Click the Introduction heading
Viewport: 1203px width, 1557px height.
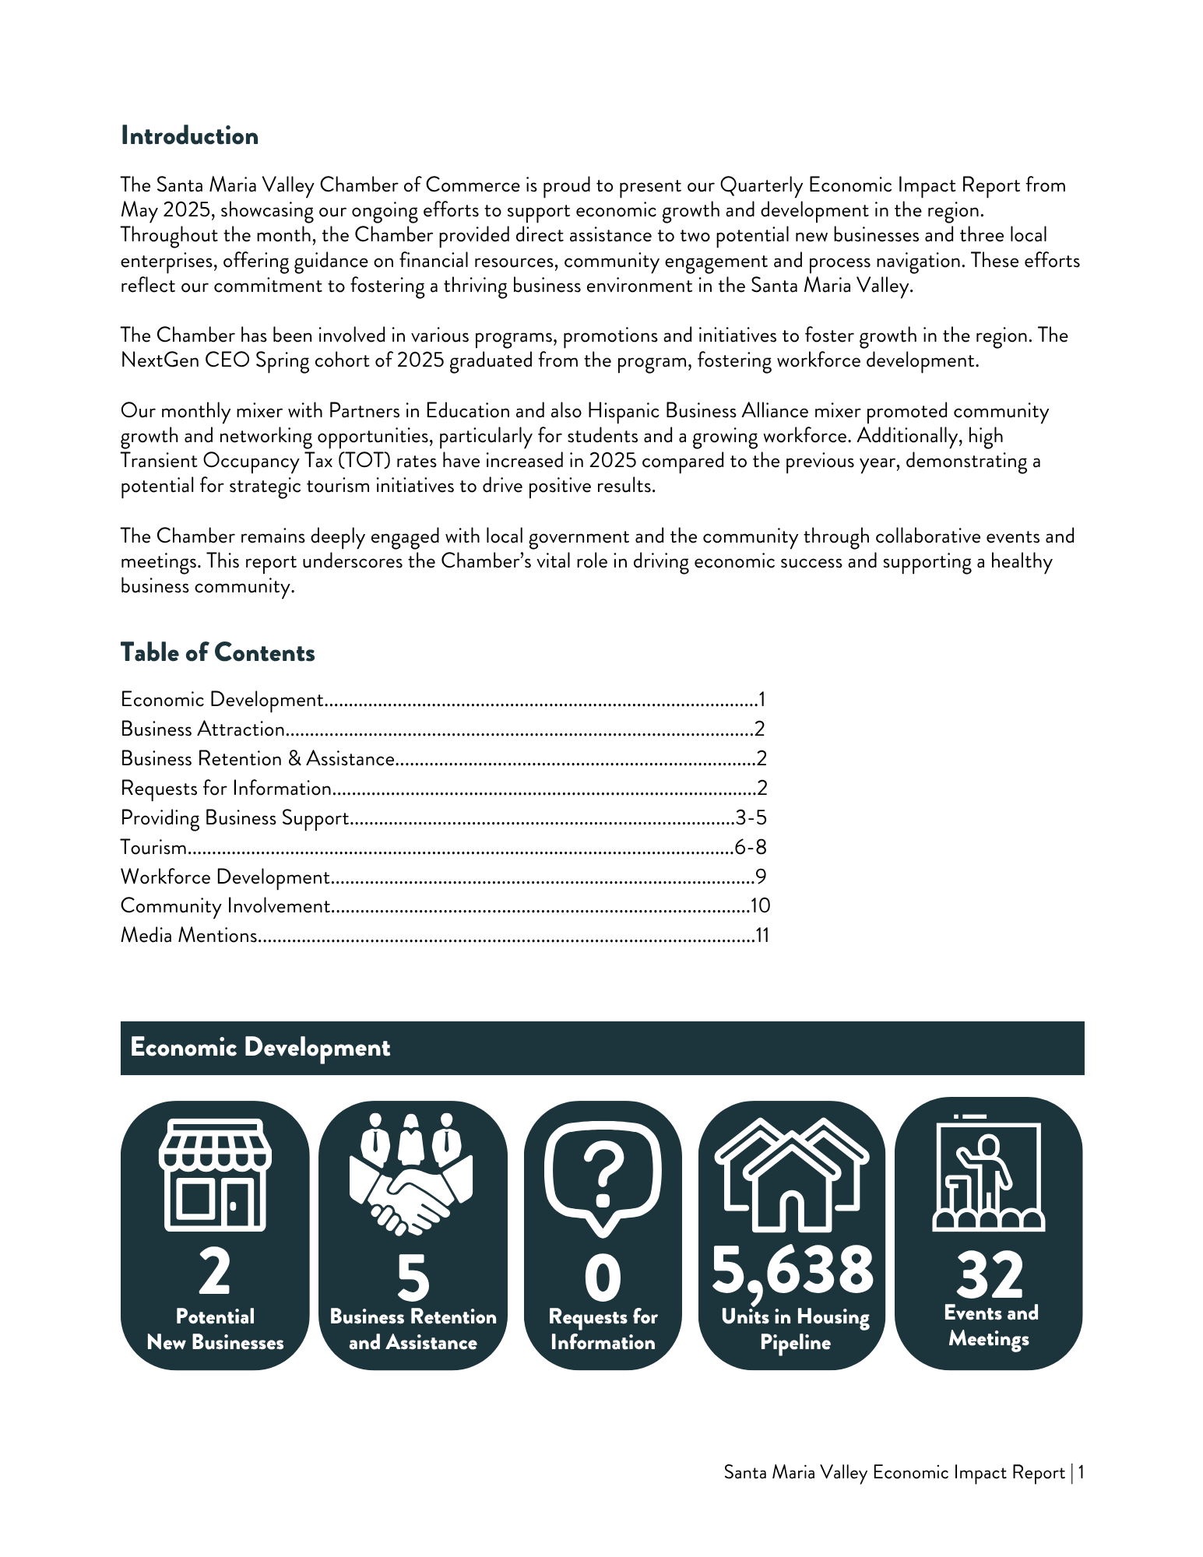point(189,136)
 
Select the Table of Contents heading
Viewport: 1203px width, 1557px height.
point(217,652)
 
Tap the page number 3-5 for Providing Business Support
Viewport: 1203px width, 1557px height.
point(751,817)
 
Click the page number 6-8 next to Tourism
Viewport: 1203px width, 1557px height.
point(751,847)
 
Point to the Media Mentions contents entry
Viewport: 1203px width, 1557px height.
point(189,935)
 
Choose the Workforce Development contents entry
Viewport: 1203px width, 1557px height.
point(225,877)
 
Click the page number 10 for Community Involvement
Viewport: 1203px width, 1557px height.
point(760,905)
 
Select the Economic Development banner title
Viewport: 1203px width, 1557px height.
point(260,1048)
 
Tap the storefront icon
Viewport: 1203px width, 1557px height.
point(215,1175)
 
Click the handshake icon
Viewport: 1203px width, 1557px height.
point(411,1176)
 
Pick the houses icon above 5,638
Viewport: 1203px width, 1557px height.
point(792,1176)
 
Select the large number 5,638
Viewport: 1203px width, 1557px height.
point(793,1271)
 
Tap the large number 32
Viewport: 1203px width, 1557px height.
point(989,1275)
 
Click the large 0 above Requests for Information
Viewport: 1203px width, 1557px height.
point(603,1278)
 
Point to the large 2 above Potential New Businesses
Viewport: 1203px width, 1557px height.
point(215,1272)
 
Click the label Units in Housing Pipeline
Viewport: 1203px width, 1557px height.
point(795,1330)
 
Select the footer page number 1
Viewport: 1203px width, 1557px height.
point(1082,1472)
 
